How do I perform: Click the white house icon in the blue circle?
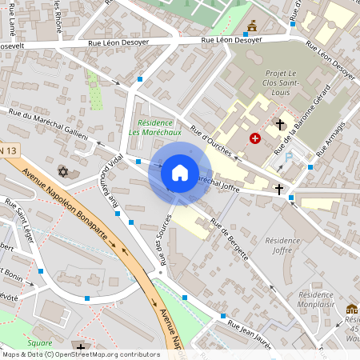coord(180,173)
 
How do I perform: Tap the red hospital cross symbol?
coord(255,138)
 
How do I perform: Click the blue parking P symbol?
coord(289,158)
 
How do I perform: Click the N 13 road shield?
coord(8,150)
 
